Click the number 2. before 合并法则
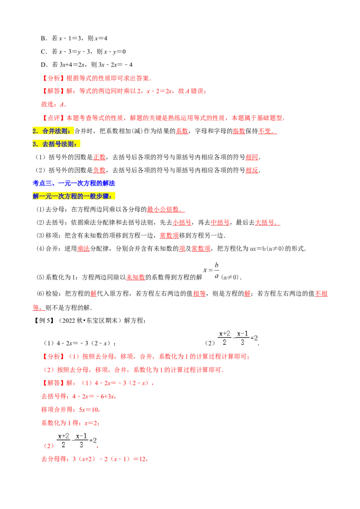[x=36, y=131]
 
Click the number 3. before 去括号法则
[x=36, y=144]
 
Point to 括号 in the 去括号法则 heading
[x=55, y=144]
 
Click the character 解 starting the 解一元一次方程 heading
[x=36, y=196]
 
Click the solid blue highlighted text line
[x=75, y=183]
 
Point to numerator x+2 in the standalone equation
[x=224, y=333]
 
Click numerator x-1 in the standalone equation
[x=243, y=333]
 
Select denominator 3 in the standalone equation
[x=243, y=343]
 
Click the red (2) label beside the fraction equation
[x=48, y=446]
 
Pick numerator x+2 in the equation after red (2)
[x=63, y=436]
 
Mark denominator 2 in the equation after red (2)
[x=63, y=445]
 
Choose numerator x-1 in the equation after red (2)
[x=81, y=436]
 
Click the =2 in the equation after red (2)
[x=93, y=440]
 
